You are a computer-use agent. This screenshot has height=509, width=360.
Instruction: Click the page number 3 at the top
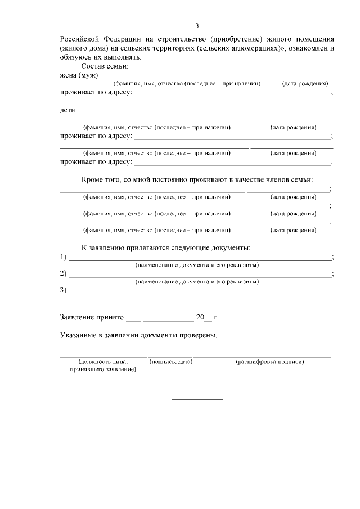pos(197,25)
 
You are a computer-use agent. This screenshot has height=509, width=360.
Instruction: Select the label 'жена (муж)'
pos(79,75)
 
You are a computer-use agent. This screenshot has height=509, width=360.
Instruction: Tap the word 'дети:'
pos(69,110)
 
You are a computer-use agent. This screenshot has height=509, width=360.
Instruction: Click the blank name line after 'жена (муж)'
pos(186,76)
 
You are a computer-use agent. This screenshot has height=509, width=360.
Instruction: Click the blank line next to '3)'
pos(200,292)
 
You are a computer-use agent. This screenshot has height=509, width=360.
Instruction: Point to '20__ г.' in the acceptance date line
pos(207,317)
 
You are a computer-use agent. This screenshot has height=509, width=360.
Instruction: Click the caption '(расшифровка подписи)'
pos(270,362)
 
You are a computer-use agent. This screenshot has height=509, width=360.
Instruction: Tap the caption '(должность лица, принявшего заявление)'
pos(103,366)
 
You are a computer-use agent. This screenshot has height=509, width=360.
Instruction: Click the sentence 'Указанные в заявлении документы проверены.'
pos(138,335)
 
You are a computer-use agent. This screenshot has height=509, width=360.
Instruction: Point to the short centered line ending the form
pos(197,399)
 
